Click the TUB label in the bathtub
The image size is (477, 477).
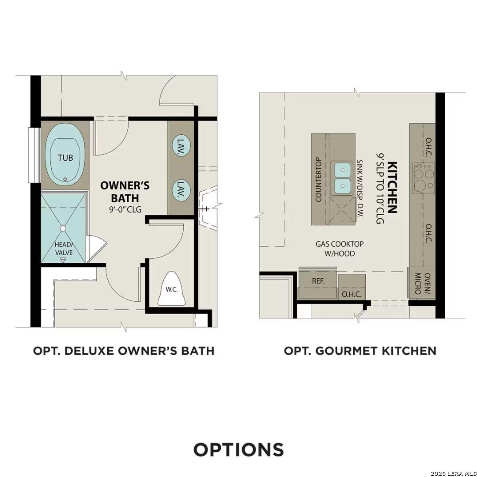(x=65, y=157)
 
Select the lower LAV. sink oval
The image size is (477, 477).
(x=181, y=190)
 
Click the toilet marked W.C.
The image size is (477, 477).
(x=172, y=289)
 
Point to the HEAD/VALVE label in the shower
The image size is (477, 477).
(x=63, y=249)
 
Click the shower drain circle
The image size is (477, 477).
(x=63, y=228)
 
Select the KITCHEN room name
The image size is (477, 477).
(x=392, y=187)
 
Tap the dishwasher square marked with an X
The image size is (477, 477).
(x=343, y=211)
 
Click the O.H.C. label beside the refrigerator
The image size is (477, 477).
(x=352, y=294)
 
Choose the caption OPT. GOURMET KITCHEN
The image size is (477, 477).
(x=360, y=351)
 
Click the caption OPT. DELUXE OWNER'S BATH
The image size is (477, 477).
(x=124, y=351)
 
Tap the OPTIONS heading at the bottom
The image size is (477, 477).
(x=238, y=449)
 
